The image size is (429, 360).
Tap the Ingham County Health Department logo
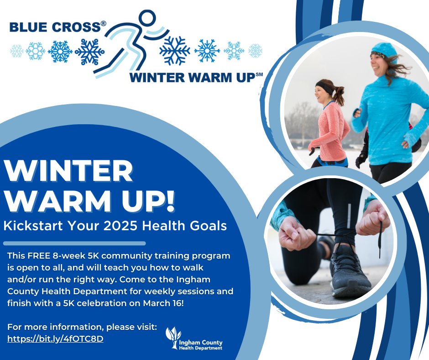[x=194, y=339]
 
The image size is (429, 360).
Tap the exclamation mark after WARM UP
[x=169, y=201]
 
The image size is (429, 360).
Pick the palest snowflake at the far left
[x=17, y=51]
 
